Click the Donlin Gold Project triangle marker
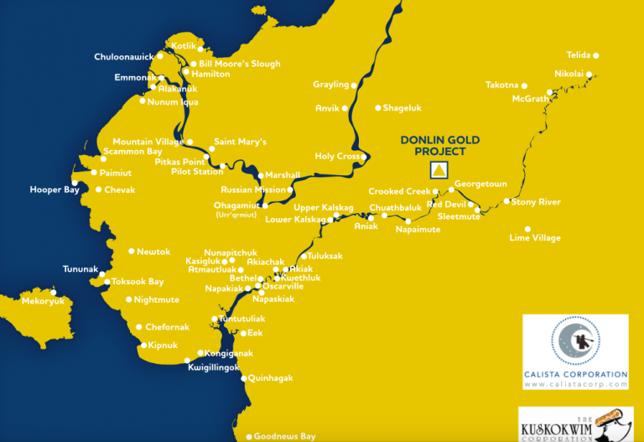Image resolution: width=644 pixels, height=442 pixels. coord(437,170)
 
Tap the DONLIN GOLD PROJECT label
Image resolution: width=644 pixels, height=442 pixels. coord(432,146)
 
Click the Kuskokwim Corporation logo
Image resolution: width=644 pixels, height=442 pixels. coord(574,424)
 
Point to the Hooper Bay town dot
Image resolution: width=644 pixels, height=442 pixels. coord(75,183)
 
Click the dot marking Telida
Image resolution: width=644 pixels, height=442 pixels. coord(596,55)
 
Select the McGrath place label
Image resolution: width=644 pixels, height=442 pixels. coord(530,99)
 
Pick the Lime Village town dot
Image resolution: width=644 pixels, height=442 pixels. coord(527,228)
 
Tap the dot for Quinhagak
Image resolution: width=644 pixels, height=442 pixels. coord(244,378)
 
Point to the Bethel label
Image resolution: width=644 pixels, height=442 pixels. coord(243,278)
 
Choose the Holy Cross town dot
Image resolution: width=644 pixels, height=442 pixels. coord(365,157)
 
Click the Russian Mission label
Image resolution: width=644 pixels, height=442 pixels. coord(253,190)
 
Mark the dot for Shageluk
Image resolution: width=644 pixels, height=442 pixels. coord(378,107)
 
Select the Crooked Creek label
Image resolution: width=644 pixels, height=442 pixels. coord(399,192)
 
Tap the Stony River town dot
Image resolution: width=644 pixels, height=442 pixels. coord(506,201)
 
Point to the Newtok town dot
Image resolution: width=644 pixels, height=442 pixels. coord(132,251)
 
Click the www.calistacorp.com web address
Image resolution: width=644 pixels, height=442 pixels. coord(575,384)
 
